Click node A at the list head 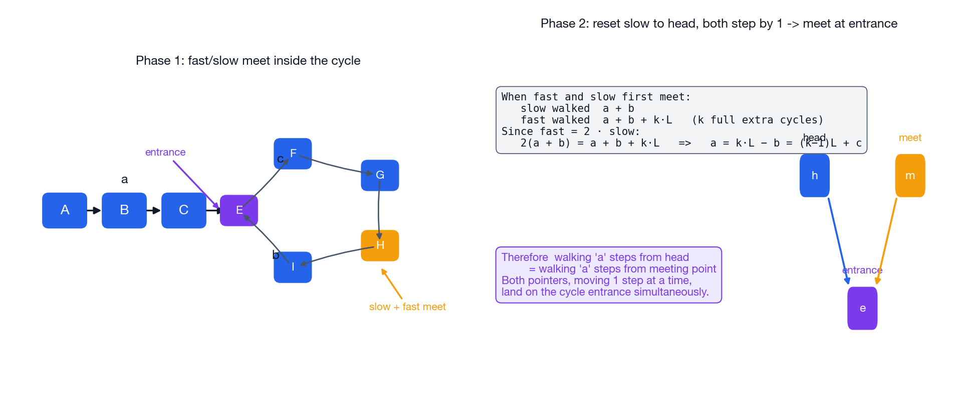pos(65,210)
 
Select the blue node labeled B pos(124,210)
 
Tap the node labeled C pos(184,210)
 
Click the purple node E pos(239,210)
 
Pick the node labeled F pos(293,154)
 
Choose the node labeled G pos(380,175)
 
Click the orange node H pos(380,245)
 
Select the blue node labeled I pos(293,267)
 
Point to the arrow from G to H pos(378,211)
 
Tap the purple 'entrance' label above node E pos(165,152)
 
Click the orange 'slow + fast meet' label pos(407,307)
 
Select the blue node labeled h pos(815,176)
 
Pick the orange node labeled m pos(910,176)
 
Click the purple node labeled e pos(862,308)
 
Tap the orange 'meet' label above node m pos(910,138)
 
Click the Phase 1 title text pos(248,61)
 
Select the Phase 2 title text pos(719,24)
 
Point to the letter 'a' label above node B pos(124,179)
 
